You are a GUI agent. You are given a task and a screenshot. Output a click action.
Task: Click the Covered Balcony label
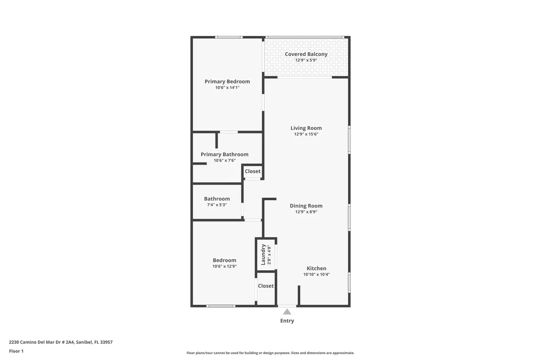306,54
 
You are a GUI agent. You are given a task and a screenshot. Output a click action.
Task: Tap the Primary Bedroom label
227,82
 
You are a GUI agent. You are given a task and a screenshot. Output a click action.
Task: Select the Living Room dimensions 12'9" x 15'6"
306,135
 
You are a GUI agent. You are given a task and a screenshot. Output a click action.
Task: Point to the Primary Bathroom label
225,155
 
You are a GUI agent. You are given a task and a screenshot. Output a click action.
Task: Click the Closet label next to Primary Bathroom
253,172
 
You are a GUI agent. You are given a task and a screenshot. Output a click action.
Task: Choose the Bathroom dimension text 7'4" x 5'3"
217,205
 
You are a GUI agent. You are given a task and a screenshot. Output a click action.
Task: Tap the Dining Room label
306,206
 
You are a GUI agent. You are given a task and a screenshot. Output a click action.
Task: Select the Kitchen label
316,269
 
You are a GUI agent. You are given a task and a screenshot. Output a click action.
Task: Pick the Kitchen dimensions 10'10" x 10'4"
316,274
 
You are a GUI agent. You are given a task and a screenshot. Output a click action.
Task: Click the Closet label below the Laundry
266,286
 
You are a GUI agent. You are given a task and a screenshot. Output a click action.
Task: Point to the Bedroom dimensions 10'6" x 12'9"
225,267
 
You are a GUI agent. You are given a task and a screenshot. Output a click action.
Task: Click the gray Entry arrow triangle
287,312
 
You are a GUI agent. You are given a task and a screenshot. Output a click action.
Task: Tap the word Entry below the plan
287,321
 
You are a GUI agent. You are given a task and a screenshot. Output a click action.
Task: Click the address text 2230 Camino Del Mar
61,342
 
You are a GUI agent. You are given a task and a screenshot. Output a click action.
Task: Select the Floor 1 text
16,351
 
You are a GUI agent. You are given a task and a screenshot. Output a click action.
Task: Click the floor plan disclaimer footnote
270,353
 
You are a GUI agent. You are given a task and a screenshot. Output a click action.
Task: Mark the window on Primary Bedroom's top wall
229,37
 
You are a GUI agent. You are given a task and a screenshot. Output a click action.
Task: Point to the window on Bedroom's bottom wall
221,306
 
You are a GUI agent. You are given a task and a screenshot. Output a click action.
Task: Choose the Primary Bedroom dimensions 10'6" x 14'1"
227,88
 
